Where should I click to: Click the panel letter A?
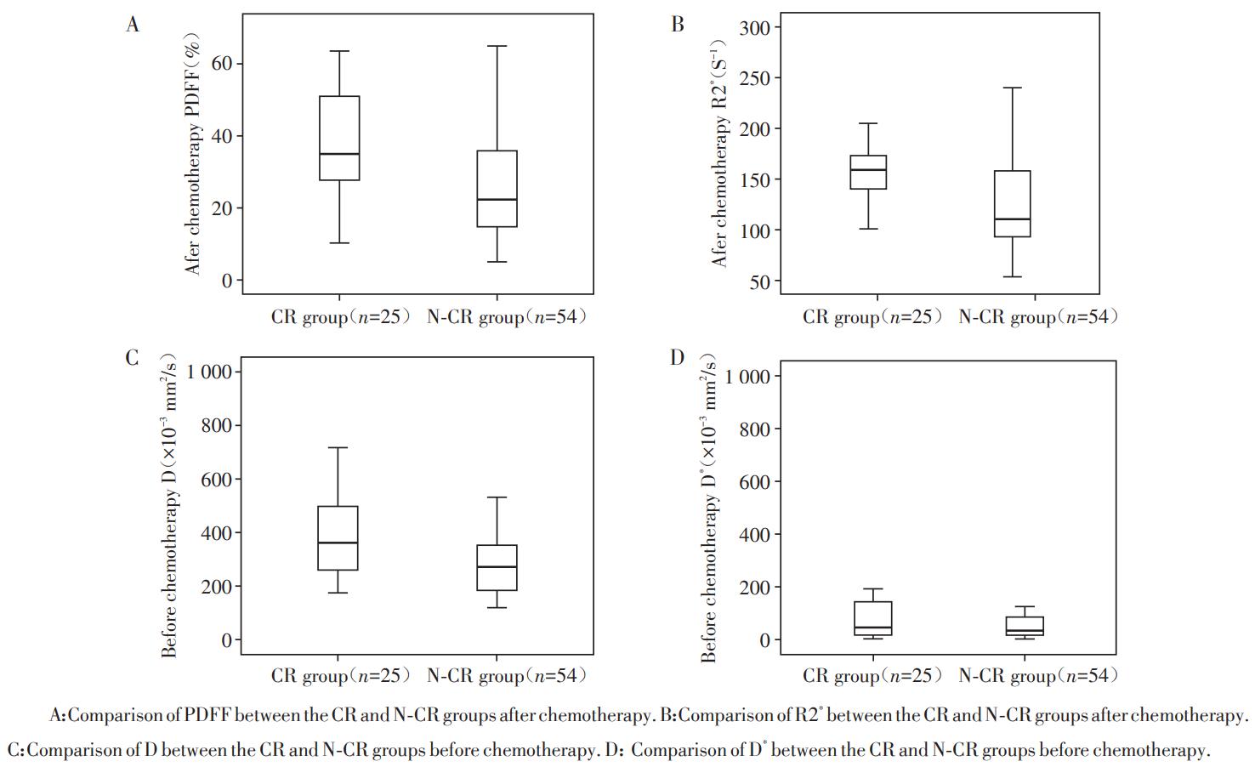pyautogui.click(x=133, y=25)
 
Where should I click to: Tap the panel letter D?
pyautogui.click(x=678, y=357)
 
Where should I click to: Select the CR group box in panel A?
pyautogui.click(x=338, y=138)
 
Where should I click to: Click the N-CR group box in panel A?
pyautogui.click(x=497, y=189)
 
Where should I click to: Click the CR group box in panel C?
pyautogui.click(x=338, y=537)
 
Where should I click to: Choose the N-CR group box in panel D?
pyautogui.click(x=1024, y=626)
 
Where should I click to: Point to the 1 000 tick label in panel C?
pyautogui.click(x=208, y=372)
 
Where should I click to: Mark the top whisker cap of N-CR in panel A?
pyautogui.click(x=497, y=46)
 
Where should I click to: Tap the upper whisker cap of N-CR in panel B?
pyautogui.click(x=1012, y=88)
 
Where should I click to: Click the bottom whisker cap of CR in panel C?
pyautogui.click(x=338, y=593)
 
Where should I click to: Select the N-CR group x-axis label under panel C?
pyautogui.click(x=507, y=676)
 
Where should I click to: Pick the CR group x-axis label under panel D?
pyautogui.click(x=872, y=676)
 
